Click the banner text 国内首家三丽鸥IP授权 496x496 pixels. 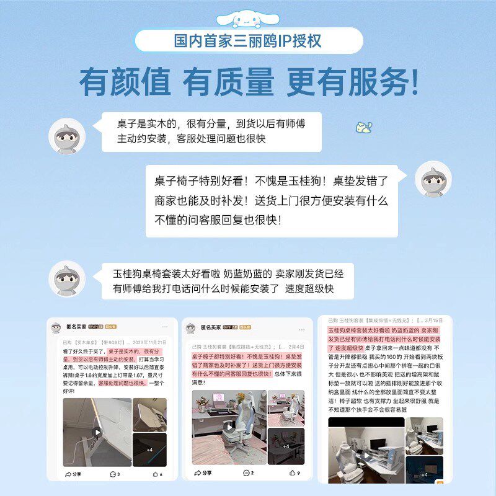tap(248, 42)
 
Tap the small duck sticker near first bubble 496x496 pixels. tap(363, 128)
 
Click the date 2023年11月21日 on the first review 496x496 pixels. tap(149, 342)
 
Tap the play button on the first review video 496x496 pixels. tap(97, 432)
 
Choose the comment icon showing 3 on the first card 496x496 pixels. tap(115, 474)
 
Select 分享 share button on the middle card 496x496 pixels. tap(201, 473)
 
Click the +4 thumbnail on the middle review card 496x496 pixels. tap(286, 446)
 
